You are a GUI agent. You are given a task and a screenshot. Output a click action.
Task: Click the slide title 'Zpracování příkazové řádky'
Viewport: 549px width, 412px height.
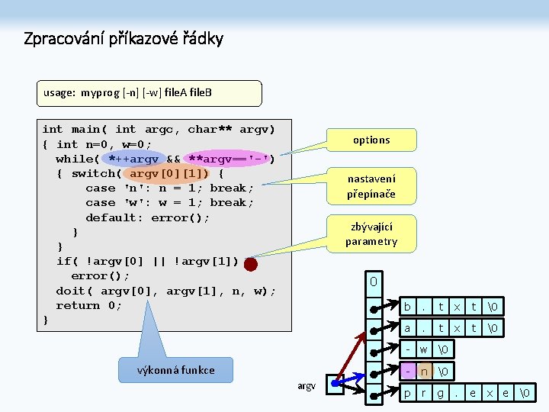[x=123, y=38]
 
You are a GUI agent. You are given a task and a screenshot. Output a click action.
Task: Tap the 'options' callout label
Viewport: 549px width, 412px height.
[x=371, y=140]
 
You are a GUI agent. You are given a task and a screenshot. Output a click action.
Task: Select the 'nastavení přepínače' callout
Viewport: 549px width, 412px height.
[x=371, y=186]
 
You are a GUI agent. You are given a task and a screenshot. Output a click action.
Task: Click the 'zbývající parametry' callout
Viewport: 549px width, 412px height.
[x=371, y=234]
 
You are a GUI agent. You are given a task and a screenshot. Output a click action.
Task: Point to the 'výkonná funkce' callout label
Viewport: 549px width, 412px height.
[x=176, y=370]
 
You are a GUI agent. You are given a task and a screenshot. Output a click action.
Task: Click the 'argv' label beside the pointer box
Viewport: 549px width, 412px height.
[x=306, y=387]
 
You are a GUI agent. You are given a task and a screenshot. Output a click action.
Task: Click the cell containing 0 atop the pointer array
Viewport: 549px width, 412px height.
[x=374, y=282]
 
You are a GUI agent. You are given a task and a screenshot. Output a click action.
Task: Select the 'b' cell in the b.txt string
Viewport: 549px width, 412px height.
[x=408, y=307]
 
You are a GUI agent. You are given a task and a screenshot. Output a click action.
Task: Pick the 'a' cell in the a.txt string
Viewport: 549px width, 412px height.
[x=408, y=328]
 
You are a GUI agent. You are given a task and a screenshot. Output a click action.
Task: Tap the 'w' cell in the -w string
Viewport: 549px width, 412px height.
[x=424, y=350]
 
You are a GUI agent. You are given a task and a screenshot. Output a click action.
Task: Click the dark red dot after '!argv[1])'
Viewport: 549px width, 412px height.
[x=252, y=264]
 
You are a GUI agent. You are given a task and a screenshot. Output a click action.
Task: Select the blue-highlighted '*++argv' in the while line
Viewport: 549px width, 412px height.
[x=133, y=159]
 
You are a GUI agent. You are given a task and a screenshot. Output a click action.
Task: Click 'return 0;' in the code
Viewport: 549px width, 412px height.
[x=88, y=305]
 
